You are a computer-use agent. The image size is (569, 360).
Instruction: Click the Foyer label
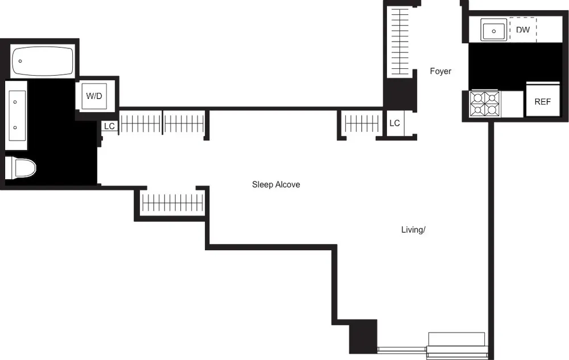(x=440, y=72)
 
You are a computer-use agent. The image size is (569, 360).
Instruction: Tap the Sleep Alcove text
(x=276, y=185)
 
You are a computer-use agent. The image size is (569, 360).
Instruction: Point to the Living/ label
(x=414, y=230)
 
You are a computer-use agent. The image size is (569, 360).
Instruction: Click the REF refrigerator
(x=542, y=102)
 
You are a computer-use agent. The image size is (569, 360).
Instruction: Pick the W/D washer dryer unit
(x=94, y=96)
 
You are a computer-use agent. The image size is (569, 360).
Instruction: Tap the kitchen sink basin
(x=494, y=30)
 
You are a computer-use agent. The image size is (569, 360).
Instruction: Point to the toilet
(x=20, y=168)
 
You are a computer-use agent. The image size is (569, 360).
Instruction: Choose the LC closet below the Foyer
(x=395, y=123)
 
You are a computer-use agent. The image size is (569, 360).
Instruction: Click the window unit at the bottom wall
(x=456, y=345)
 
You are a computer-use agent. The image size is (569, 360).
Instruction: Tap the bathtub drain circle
(x=20, y=60)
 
